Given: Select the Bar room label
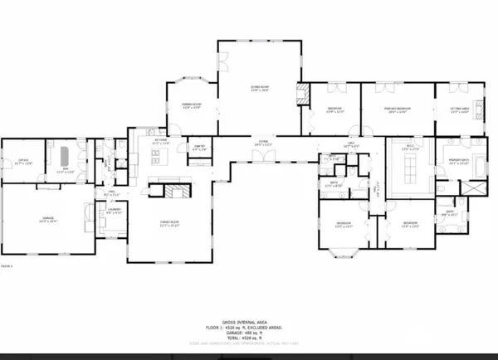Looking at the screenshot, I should pyautogui.click(x=60, y=171).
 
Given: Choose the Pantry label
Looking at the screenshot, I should pyautogui.click(x=199, y=148).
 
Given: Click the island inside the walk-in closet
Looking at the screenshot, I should pyautogui.click(x=410, y=171).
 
